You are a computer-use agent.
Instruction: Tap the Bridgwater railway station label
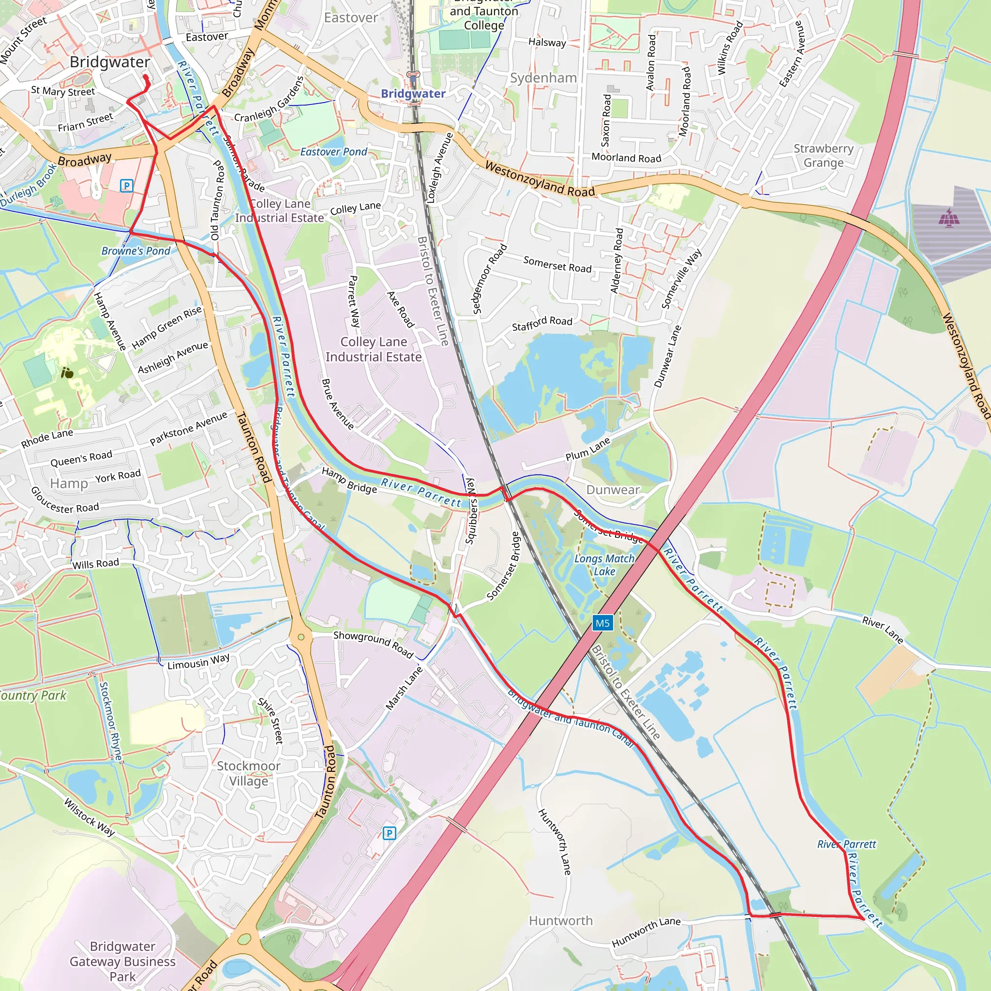pyautogui.click(x=413, y=93)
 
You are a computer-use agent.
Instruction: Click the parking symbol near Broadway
pyautogui.click(x=126, y=186)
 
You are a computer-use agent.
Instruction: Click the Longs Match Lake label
pyautogui.click(x=604, y=565)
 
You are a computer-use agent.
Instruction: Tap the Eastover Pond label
pyautogui.click(x=333, y=152)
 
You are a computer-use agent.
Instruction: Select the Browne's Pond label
pyautogui.click(x=135, y=251)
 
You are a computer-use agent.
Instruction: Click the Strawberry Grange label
pyautogui.click(x=823, y=155)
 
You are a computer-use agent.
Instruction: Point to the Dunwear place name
pyautogui.click(x=613, y=489)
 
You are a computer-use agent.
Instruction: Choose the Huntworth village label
pyautogui.click(x=561, y=921)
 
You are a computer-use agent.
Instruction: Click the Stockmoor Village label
pyautogui.click(x=248, y=773)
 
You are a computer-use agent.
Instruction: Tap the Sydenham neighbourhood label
pyautogui.click(x=543, y=78)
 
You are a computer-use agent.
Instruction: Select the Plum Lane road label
pyautogui.click(x=588, y=449)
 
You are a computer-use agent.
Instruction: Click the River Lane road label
pyautogui.click(x=882, y=630)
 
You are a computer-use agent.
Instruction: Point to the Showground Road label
pyautogui.click(x=373, y=644)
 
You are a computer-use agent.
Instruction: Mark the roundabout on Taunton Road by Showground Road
pyautogui.click(x=301, y=637)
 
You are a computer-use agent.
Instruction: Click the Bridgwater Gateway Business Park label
pyautogui.click(x=122, y=961)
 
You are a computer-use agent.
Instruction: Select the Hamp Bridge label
pyautogui.click(x=349, y=480)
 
